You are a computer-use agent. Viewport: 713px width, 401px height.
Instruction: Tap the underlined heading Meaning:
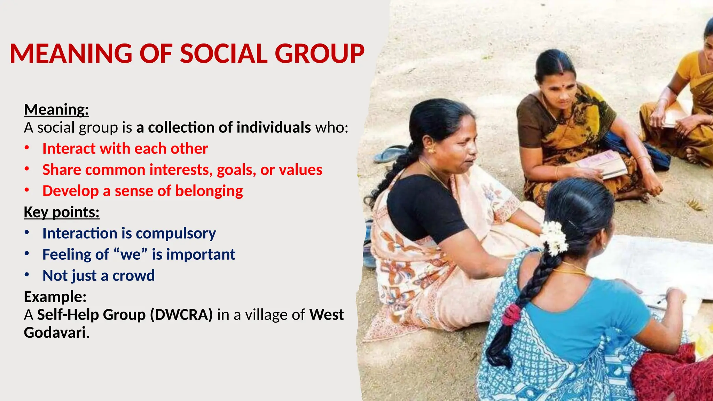(56, 109)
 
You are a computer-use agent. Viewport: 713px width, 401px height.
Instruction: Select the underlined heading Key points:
(62, 212)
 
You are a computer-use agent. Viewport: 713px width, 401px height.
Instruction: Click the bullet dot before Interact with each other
(27, 148)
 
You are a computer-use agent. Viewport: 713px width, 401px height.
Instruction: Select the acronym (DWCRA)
(181, 315)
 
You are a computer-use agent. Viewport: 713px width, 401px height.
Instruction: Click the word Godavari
(55, 332)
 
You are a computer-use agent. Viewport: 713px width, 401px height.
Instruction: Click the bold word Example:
(55, 297)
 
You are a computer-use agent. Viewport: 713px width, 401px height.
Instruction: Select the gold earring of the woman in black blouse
(432, 150)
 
